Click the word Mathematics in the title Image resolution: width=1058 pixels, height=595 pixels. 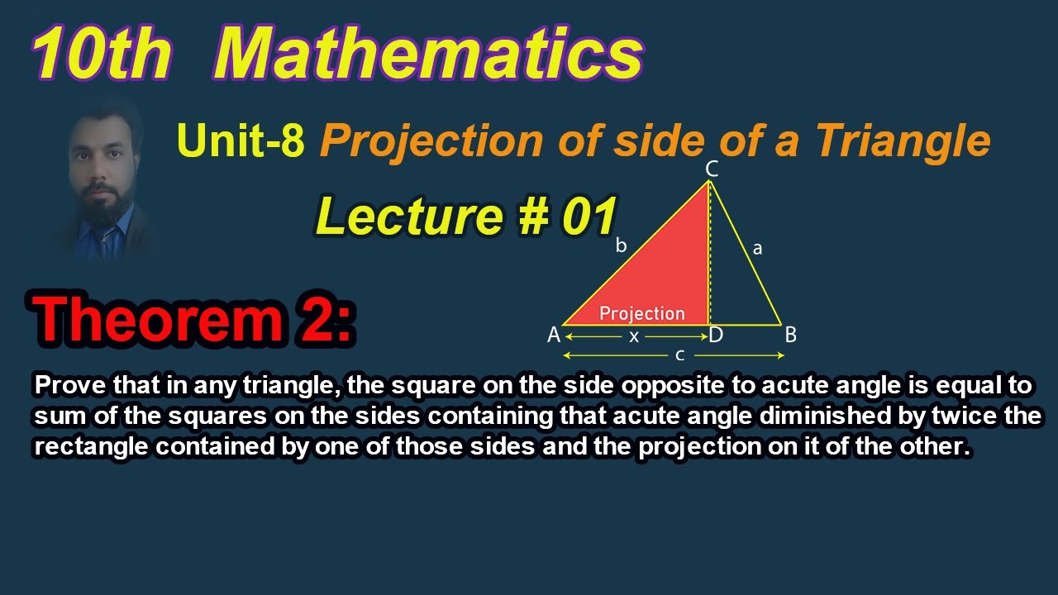click(x=428, y=55)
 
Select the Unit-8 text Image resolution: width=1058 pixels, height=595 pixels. click(x=241, y=141)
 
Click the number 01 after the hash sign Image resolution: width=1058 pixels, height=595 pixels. click(x=589, y=217)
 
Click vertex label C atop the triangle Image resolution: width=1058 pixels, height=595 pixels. click(x=711, y=169)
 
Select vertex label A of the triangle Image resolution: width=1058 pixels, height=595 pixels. click(x=554, y=336)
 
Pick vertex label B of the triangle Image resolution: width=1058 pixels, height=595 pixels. click(x=790, y=336)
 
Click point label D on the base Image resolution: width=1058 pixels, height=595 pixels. click(x=716, y=336)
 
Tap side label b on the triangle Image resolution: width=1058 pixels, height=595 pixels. click(x=622, y=245)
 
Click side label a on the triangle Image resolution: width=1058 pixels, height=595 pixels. click(x=757, y=247)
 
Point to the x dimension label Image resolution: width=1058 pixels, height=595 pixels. click(x=634, y=336)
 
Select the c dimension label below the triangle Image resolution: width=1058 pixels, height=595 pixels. click(x=679, y=356)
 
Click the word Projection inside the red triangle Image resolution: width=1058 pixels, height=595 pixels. click(x=642, y=313)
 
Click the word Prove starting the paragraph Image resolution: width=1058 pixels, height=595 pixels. click(x=63, y=385)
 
